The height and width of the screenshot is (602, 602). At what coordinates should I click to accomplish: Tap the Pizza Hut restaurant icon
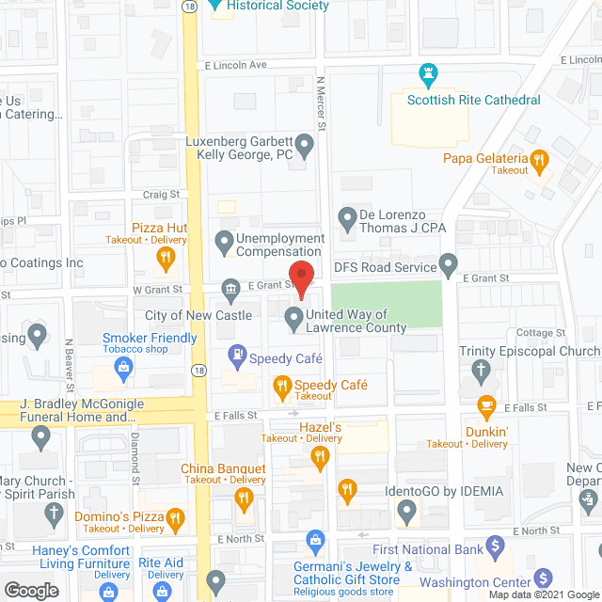(x=165, y=256)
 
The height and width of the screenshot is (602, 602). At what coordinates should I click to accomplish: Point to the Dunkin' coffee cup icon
(x=485, y=406)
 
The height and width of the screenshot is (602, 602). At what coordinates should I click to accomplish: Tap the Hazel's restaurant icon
(x=319, y=456)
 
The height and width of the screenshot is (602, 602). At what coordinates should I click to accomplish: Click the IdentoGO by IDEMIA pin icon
(x=407, y=513)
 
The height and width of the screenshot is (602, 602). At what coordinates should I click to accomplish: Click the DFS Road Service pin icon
(x=450, y=263)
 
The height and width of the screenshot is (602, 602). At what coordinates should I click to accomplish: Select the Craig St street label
(x=160, y=195)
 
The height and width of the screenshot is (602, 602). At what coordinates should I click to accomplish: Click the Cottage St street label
(x=533, y=333)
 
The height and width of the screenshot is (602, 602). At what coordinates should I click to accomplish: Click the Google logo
(x=30, y=590)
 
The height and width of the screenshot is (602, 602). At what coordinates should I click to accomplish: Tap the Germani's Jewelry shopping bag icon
(x=315, y=538)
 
